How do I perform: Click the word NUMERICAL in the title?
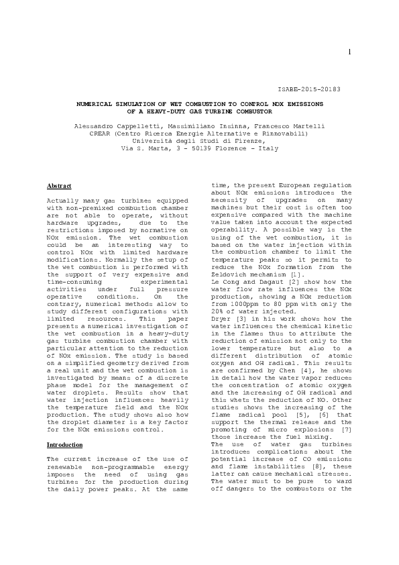[x=101, y=104]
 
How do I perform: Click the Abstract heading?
[x=59, y=186]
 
